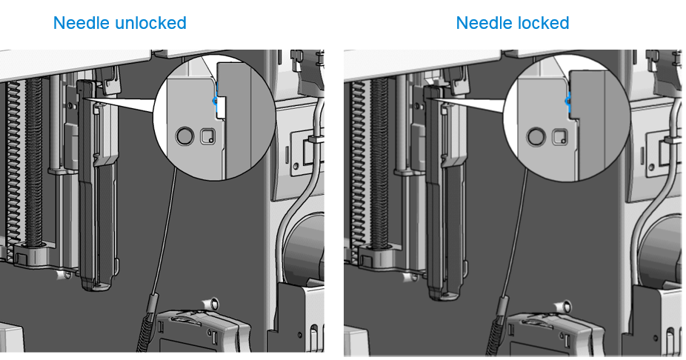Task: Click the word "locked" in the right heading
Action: [x=542, y=23]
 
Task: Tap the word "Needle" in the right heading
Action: [x=483, y=23]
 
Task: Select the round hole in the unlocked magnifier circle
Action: [x=184, y=136]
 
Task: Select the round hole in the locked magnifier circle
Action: [x=536, y=137]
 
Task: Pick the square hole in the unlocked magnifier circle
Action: [x=208, y=136]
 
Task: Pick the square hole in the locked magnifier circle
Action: [x=559, y=137]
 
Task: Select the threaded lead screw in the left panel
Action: [x=33, y=161]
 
